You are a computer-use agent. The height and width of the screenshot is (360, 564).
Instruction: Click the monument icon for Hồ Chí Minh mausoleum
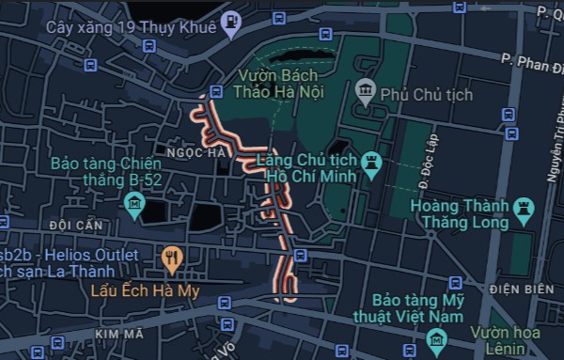[x=372, y=162]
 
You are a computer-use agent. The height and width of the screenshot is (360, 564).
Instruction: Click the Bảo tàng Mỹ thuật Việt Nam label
[x=419, y=307]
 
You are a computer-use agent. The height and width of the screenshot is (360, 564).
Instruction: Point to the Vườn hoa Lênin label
[x=516, y=341]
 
